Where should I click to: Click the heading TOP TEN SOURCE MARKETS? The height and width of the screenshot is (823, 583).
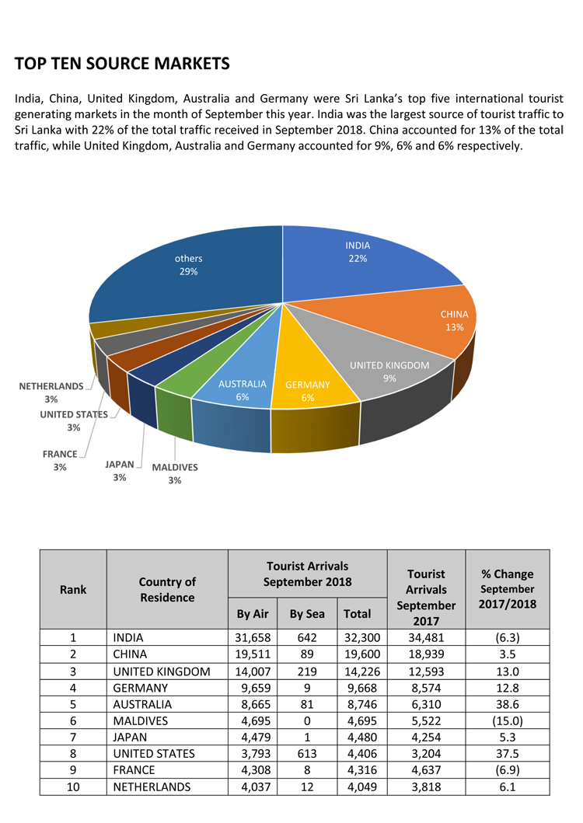pyautogui.click(x=122, y=63)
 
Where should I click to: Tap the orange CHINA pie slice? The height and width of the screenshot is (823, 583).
pyautogui.click(x=443, y=323)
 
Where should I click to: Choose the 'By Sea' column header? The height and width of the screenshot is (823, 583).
pyautogui.click(x=307, y=614)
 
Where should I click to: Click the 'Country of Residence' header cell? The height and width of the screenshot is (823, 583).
pyautogui.click(x=167, y=589)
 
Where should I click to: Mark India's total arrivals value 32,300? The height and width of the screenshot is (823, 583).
pyautogui.click(x=357, y=638)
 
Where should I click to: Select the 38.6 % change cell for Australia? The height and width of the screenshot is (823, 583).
pyautogui.click(x=507, y=704)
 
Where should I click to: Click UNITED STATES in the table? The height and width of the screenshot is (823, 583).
pyautogui.click(x=154, y=753)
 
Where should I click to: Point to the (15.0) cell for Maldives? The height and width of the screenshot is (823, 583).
pyautogui.click(x=507, y=720)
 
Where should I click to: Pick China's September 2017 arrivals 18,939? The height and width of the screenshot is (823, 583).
pyautogui.click(x=425, y=654)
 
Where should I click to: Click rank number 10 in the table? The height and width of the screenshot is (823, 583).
pyautogui.click(x=72, y=786)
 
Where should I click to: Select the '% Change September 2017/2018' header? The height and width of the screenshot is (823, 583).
pyautogui.click(x=507, y=589)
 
